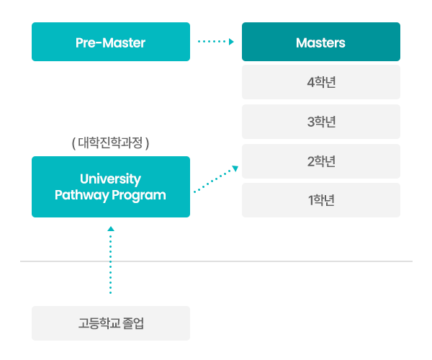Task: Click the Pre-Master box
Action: tap(111, 42)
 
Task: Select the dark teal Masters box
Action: tap(321, 42)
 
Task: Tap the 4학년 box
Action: tap(321, 82)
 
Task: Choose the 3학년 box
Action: tap(321, 122)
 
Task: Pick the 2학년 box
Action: tap(321, 161)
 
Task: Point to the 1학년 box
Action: tap(321, 200)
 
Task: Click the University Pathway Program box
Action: tap(111, 186)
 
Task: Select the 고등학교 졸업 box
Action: tap(111, 323)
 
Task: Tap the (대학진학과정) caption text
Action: tap(110, 143)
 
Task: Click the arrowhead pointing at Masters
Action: tap(231, 42)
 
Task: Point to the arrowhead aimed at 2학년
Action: tap(235, 168)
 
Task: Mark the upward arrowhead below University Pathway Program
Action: tap(111, 229)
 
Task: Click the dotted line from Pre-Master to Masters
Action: tap(212, 42)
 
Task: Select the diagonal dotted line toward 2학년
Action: tap(212, 181)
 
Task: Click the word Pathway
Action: tap(82, 195)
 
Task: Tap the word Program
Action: tap(139, 195)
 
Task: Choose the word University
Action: tap(110, 179)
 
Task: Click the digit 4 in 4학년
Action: tap(310, 82)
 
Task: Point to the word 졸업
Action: tap(133, 323)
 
